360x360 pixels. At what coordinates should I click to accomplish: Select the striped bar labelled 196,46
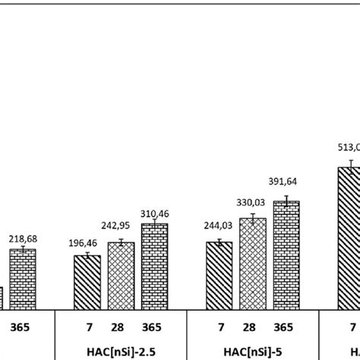[x=87, y=283]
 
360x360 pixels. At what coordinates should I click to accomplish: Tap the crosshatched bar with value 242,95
[x=121, y=276]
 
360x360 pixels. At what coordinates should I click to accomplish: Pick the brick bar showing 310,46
[x=154, y=267]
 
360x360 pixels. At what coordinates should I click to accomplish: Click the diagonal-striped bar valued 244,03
[x=219, y=276]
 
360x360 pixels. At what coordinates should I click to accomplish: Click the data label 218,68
[x=23, y=238]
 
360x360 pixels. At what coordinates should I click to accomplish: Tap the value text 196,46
[x=87, y=244]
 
